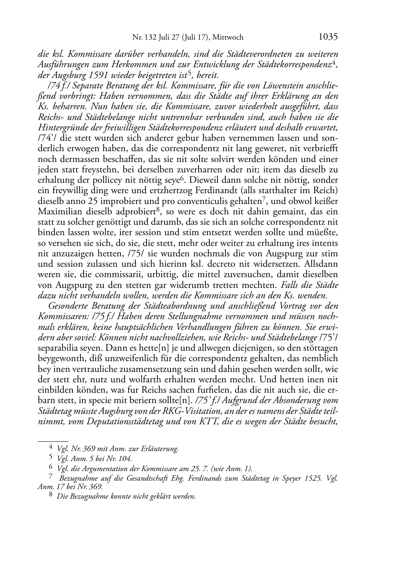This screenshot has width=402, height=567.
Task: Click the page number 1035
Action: [x=328, y=37]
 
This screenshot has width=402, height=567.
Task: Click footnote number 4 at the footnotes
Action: [x=50, y=448]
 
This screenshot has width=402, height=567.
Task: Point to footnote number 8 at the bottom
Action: [x=50, y=497]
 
